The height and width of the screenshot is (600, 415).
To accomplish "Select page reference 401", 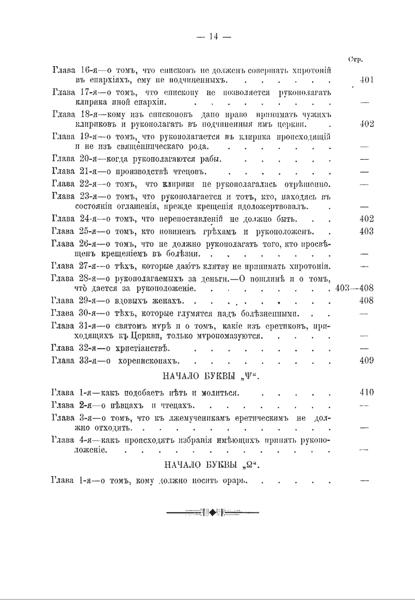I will click(367, 80).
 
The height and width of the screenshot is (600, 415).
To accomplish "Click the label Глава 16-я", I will click(73, 70).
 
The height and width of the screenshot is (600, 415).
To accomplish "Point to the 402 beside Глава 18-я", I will click(367, 123).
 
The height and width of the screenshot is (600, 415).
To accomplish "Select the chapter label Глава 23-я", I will click(73, 196).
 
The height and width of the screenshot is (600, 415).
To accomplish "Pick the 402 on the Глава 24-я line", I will click(367, 219).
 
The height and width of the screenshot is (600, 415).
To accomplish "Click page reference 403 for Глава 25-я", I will click(367, 231).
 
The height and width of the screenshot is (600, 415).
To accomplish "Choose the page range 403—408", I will click(354, 288).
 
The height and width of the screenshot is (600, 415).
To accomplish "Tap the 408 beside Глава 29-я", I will click(367, 301).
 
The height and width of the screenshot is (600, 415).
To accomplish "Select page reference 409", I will click(367, 360).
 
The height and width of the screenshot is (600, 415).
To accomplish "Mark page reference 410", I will click(367, 392).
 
